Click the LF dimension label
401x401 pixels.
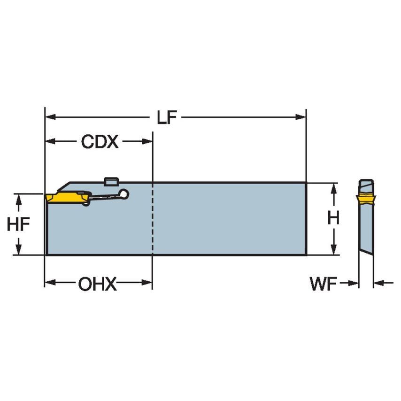click(x=167, y=118)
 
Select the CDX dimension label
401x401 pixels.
click(x=100, y=142)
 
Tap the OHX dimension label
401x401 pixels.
click(x=98, y=284)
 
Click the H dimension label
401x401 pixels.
click(x=333, y=218)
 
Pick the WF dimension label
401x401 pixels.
click(x=324, y=284)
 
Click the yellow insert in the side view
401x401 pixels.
click(x=66, y=197)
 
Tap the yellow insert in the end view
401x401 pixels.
click(x=366, y=200)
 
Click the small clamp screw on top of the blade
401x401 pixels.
click(x=110, y=180)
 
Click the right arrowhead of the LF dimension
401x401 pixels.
click(x=302, y=117)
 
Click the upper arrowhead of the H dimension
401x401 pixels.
click(x=333, y=188)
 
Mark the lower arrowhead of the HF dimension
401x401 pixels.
click(x=19, y=250)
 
